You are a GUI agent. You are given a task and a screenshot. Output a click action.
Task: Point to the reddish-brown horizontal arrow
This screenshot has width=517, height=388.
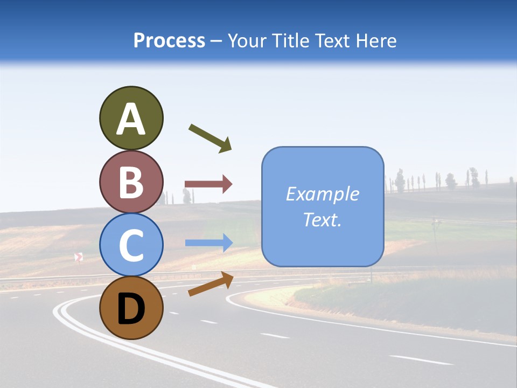tap(208, 184)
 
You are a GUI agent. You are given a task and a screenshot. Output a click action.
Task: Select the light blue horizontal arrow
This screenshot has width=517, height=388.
tap(208, 243)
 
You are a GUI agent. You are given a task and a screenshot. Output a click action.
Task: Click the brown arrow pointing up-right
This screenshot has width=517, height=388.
tap(211, 284)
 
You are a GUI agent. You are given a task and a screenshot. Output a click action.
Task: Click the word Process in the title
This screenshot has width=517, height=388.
tap(169, 41)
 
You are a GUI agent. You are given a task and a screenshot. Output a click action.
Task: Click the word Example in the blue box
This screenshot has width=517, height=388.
tap(322, 194)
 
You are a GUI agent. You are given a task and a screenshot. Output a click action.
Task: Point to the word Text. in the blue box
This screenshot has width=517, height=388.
tap(322, 219)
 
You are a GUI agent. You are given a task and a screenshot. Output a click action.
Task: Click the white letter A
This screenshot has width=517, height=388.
tap(131, 120)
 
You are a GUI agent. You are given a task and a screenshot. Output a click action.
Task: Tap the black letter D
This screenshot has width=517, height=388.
tap(131, 309)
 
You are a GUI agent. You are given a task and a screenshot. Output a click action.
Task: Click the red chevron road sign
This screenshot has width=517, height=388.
tap(79, 257)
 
